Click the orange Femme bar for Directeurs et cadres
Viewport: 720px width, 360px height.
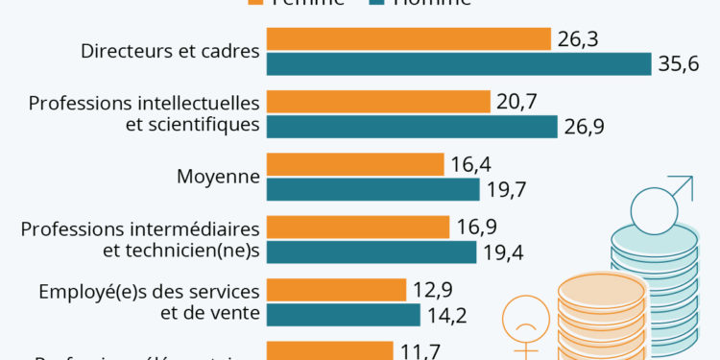[408, 38]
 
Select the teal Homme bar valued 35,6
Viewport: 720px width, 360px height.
[459, 63]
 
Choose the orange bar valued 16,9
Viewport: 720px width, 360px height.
[357, 227]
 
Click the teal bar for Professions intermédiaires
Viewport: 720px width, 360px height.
[371, 252]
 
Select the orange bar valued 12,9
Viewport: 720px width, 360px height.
[336, 289]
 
